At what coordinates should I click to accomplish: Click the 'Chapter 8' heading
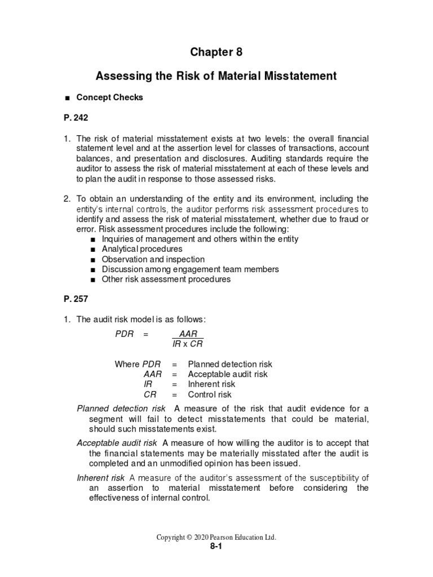click(x=216, y=52)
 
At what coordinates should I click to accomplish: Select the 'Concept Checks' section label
click(x=110, y=97)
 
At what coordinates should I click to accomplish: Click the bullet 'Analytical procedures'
click(x=142, y=248)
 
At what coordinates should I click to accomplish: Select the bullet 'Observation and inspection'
click(x=153, y=259)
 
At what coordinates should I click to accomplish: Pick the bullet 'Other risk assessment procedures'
click(x=166, y=279)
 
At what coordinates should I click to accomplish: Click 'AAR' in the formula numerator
click(x=188, y=334)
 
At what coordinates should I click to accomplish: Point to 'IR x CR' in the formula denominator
click(x=188, y=344)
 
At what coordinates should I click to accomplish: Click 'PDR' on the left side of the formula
click(x=124, y=334)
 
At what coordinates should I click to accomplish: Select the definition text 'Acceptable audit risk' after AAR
click(x=228, y=374)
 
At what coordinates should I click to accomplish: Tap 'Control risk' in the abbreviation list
click(x=210, y=394)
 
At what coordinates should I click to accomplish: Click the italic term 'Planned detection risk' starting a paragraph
click(x=121, y=409)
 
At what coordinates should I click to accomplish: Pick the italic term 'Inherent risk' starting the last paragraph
click(x=101, y=478)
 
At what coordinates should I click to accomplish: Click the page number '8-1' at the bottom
click(x=216, y=547)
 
